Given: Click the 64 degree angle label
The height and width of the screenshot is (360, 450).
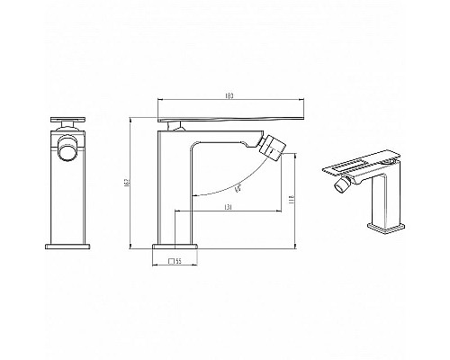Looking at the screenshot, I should pyautogui.click(x=236, y=188).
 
